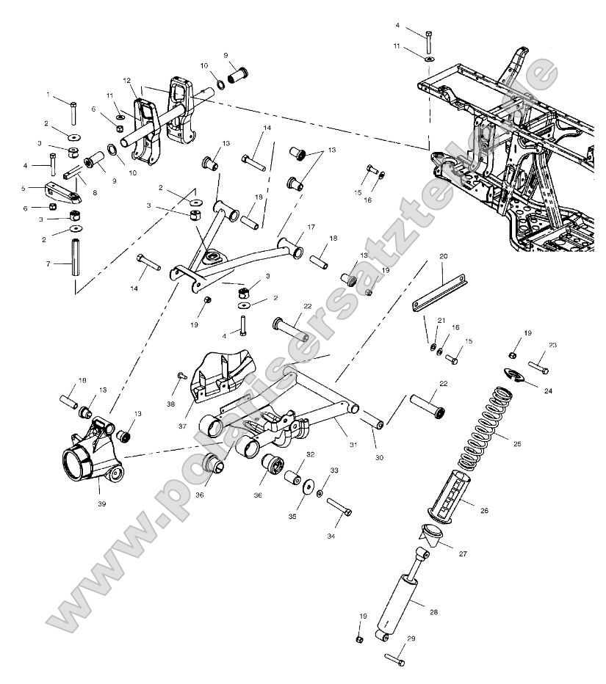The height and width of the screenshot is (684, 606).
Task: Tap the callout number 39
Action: [x=102, y=505]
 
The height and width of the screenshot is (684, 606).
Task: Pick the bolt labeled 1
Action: [x=73, y=114]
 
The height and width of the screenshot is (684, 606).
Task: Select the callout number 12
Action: [x=126, y=80]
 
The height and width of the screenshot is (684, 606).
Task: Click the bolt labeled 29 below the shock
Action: [x=394, y=659]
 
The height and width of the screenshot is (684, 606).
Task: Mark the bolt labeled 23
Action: [x=537, y=364]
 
